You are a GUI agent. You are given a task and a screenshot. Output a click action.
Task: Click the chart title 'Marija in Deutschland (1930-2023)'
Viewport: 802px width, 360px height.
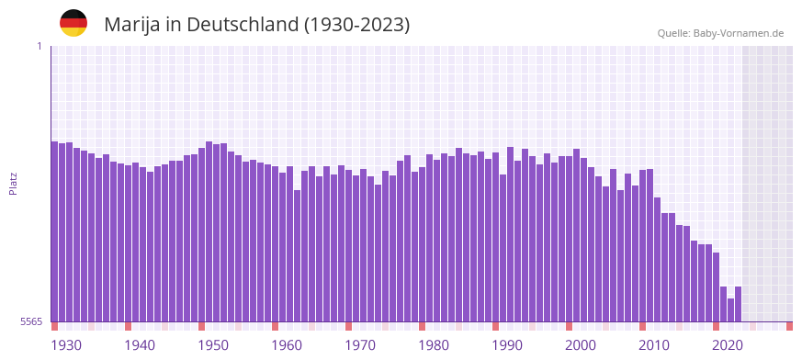pos(256,25)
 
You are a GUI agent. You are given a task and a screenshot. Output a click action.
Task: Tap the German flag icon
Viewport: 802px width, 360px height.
pos(73,23)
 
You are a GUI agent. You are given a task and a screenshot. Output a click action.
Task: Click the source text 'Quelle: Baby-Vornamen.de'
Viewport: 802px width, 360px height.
pos(720,33)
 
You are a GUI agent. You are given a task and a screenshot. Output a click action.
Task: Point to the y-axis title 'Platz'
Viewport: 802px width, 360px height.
pos(13,183)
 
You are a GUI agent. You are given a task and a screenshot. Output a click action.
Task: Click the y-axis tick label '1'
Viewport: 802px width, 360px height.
pos(39,46)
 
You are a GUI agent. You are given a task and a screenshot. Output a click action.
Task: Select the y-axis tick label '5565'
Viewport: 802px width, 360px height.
pos(31,321)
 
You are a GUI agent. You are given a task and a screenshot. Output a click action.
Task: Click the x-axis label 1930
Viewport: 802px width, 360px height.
pos(66,345)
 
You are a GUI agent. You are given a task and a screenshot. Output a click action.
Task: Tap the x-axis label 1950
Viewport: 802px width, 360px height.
pos(213,345)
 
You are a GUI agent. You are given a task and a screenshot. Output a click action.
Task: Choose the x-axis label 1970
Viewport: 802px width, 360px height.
pos(360,345)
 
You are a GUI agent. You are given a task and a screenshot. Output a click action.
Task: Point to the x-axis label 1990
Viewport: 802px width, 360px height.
pos(507,345)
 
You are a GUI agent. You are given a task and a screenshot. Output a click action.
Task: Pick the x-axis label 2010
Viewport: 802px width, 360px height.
pos(654,345)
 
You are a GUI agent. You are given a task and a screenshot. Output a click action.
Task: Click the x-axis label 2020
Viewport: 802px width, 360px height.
pos(728,345)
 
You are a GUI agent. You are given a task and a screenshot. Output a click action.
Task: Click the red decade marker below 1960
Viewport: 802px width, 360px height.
pos(275,326)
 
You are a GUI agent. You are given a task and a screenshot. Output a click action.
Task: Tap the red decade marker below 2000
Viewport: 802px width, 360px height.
pos(569,326)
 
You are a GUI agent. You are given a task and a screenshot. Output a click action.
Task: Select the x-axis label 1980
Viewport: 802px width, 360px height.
pos(434,345)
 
